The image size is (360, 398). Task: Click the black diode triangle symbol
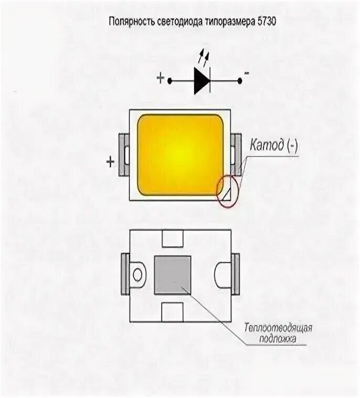pos(202,80)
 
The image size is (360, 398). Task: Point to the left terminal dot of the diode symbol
pos(170,80)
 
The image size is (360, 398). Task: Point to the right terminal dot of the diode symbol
pos(240,80)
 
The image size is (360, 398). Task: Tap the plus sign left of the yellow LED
pos(110,162)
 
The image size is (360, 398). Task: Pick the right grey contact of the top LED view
pos(237,155)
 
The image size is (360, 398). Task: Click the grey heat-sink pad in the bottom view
pos(172,275)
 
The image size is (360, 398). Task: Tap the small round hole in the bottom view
pos(139,275)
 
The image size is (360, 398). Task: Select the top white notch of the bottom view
pos(172,239)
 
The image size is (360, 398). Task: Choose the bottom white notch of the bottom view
pos(172,311)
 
